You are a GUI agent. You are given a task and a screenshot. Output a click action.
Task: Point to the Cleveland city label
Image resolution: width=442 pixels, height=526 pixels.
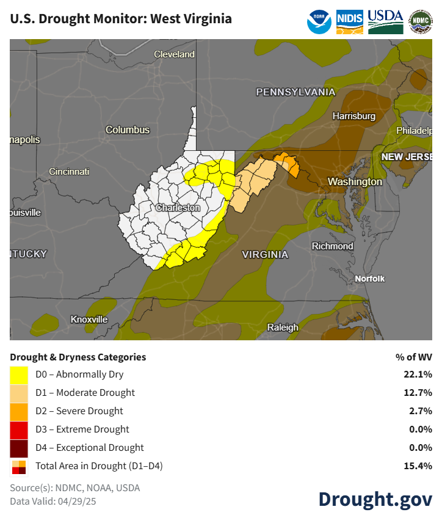coord(174,54)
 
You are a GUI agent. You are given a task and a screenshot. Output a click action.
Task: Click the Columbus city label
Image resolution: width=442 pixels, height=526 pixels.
coord(127,130)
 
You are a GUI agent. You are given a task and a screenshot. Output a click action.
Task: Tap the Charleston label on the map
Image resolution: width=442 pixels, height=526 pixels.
coord(178,208)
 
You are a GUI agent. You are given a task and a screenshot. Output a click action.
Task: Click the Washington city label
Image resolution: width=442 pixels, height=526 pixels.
coord(355,182)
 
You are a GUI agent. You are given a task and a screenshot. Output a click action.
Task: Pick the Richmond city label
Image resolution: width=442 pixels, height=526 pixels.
coord(332,246)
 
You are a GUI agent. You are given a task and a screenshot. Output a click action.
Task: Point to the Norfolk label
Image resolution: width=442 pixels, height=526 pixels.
coord(371,279)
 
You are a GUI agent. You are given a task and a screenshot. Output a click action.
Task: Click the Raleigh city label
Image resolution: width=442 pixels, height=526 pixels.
coord(283,327)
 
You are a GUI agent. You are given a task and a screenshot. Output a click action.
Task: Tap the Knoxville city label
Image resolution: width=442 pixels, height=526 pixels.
coord(89,320)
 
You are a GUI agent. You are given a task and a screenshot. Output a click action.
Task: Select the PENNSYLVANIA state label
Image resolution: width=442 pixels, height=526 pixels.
coord(295,92)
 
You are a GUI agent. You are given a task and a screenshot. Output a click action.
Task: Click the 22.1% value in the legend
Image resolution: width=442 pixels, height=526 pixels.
coord(420,374)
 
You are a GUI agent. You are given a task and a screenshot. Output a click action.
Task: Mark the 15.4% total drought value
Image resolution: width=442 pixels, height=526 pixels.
coord(420,466)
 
